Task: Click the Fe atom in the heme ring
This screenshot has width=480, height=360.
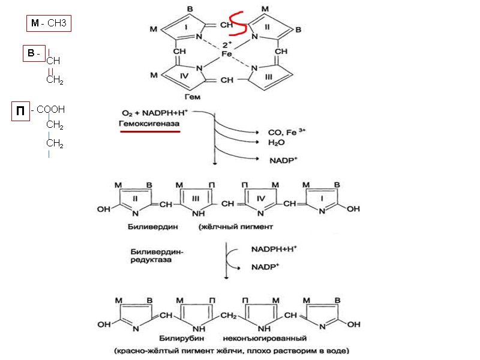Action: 227,53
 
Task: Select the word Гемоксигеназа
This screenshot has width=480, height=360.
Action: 151,122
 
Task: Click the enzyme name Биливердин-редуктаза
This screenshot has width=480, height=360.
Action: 157,256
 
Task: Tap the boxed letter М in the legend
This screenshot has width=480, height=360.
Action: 34,24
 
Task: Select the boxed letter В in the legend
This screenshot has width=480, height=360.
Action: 32,54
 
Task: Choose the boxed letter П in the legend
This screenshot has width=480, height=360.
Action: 21,111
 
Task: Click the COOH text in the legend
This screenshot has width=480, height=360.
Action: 51,110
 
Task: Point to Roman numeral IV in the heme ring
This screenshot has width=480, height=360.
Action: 185,76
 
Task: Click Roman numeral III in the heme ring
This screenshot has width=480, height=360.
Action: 268,76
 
